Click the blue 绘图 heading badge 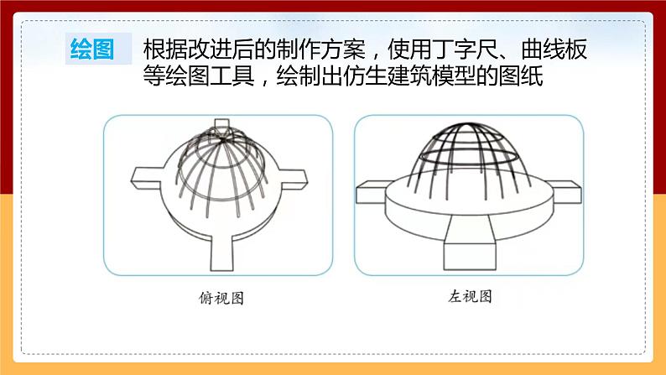click(92, 49)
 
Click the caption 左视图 click(468, 297)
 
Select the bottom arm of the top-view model click(222, 248)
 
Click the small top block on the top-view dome click(221, 128)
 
